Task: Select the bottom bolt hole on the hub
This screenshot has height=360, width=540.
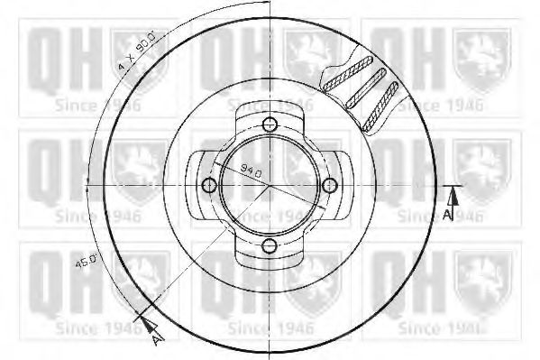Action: [x=270, y=245]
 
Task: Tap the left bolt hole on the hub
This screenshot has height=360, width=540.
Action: [x=209, y=186]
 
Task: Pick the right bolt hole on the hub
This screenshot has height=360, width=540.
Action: [x=330, y=186]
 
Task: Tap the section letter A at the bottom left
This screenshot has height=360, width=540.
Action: [x=156, y=339]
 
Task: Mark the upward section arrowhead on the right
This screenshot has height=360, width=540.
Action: [x=454, y=194]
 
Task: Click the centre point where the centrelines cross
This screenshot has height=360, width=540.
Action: [x=270, y=186]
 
